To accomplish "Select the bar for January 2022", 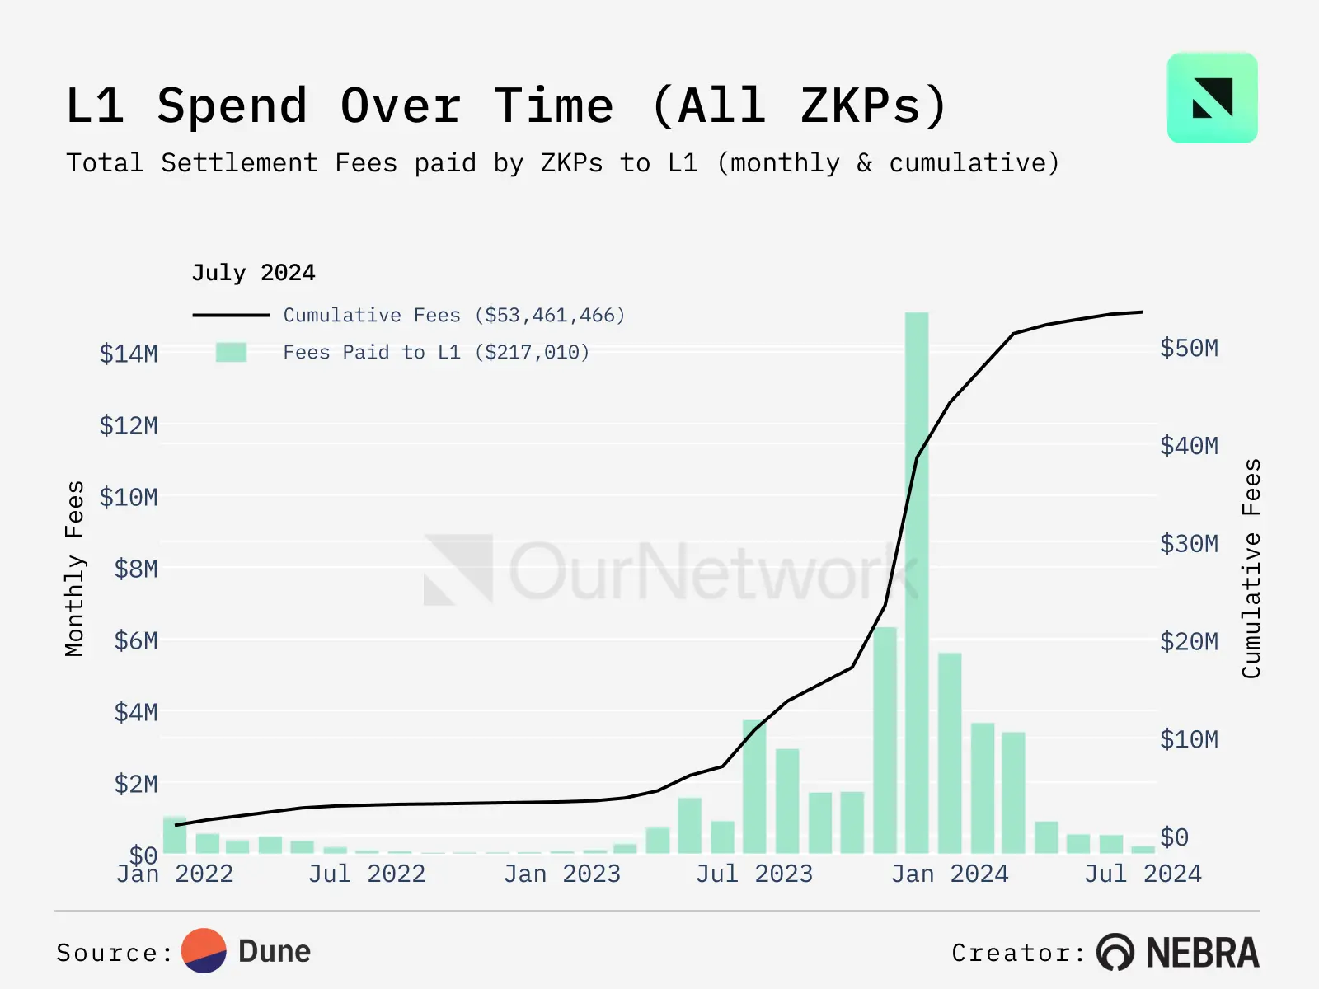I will (x=175, y=835).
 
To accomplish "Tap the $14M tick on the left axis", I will (x=129, y=354).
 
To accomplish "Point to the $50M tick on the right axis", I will (x=1189, y=348).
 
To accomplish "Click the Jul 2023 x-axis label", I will (x=754, y=874).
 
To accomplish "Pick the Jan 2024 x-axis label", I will (x=950, y=874).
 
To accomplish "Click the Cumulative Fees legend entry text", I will (x=454, y=315).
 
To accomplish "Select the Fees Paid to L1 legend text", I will (x=436, y=353).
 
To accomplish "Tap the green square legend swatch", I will (x=231, y=353).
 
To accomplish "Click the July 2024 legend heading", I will (x=253, y=273).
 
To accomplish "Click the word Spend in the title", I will (x=232, y=106).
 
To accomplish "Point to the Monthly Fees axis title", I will (x=74, y=569).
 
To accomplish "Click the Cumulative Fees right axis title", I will (x=1251, y=569).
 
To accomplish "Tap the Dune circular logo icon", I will (x=204, y=951).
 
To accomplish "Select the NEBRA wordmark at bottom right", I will (x=1203, y=953).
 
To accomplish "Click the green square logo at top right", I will (x=1212, y=98).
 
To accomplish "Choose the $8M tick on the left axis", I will (x=136, y=569).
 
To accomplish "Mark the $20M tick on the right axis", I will (x=1189, y=641).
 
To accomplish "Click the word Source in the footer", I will (x=108, y=953).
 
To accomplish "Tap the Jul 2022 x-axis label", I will (x=367, y=874).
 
